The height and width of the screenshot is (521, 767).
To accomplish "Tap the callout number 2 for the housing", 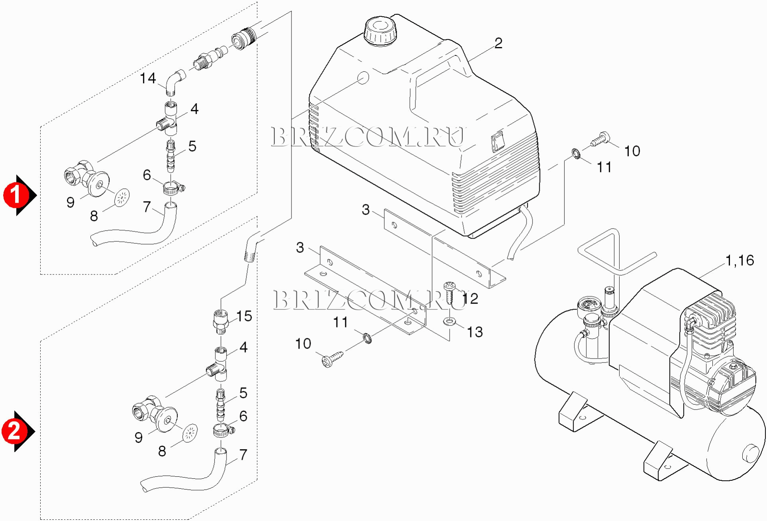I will click(x=498, y=43).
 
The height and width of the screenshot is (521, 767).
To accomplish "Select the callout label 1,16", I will click(x=740, y=260).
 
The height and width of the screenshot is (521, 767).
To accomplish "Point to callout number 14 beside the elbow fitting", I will click(x=148, y=78).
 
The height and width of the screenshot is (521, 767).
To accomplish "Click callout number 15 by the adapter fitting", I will click(x=244, y=316).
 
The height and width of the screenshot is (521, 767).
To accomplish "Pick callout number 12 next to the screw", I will click(x=470, y=298).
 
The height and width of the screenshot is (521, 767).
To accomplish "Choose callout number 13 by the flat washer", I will click(x=474, y=332).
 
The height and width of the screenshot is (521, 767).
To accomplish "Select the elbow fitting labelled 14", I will click(x=175, y=82).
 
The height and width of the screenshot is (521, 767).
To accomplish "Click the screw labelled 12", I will click(x=450, y=292).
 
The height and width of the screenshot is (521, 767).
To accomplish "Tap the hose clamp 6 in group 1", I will click(x=172, y=188).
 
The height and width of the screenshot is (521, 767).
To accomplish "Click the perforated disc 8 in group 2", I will click(x=190, y=432).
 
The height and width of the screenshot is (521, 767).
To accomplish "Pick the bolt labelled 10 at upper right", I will click(x=600, y=139).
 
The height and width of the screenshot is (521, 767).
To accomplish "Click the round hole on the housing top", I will click(x=362, y=78).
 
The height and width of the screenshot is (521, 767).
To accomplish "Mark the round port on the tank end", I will click(x=751, y=454).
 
